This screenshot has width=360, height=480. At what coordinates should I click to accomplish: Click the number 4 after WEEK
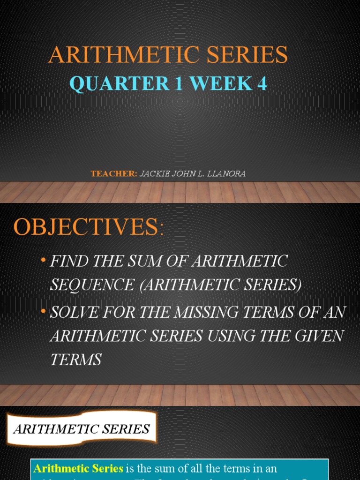262,83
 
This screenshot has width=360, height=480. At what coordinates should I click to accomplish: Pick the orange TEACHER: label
114,174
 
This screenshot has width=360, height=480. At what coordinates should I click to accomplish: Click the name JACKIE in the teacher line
154,174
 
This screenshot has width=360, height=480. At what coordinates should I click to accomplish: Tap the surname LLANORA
226,174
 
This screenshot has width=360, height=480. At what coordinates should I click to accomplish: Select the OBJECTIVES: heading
89,227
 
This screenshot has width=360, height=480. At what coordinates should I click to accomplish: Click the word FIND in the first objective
66,261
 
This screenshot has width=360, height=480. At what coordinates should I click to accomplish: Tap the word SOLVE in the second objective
72,313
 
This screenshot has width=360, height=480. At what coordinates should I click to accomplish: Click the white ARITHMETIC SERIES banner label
82,428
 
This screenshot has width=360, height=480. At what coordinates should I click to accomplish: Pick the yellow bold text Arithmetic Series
78,469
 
